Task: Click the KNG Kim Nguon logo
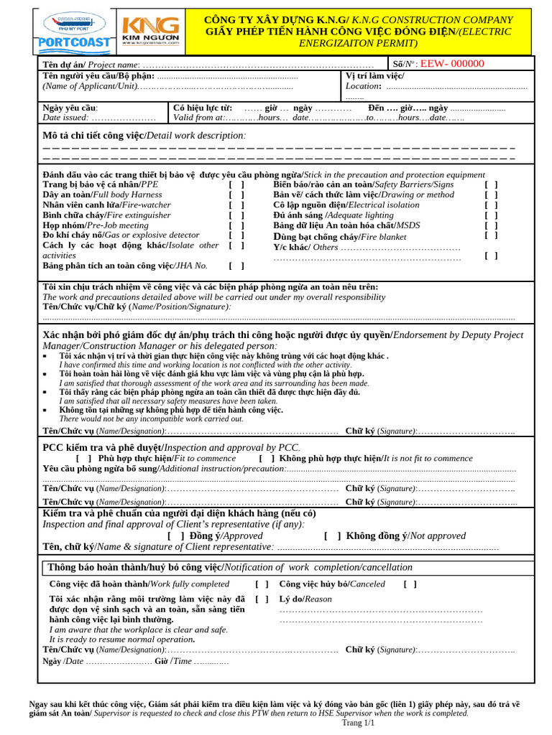point(150,32)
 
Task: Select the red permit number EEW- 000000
point(452,64)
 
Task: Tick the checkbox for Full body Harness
point(236,195)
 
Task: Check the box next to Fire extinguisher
point(236,215)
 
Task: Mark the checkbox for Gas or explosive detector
point(236,235)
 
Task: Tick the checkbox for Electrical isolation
point(491,205)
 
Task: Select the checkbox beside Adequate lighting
point(491,215)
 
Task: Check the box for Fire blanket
point(491,235)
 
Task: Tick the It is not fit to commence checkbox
point(267,458)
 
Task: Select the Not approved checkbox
point(332,535)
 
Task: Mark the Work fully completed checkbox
point(262,584)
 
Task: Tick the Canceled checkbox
point(410,584)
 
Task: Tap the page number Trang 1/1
point(359,723)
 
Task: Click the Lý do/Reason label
point(305,599)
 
